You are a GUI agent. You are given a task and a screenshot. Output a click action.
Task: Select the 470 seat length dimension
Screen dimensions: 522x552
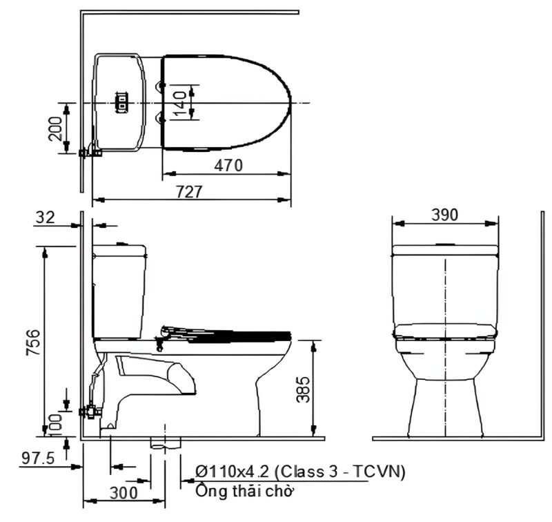click(x=227, y=166)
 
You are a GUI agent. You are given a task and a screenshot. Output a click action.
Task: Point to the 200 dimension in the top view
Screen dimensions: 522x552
click(x=56, y=128)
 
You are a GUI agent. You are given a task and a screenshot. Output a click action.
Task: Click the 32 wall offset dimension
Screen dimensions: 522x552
click(x=45, y=217)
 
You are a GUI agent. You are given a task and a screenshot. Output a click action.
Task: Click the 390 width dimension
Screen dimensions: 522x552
click(x=445, y=215)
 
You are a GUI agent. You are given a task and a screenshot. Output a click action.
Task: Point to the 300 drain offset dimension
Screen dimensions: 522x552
click(x=124, y=492)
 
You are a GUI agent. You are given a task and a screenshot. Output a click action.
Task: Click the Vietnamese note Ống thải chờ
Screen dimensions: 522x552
click(x=244, y=492)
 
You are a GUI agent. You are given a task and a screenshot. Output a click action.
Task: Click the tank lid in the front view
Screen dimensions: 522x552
click(x=445, y=249)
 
